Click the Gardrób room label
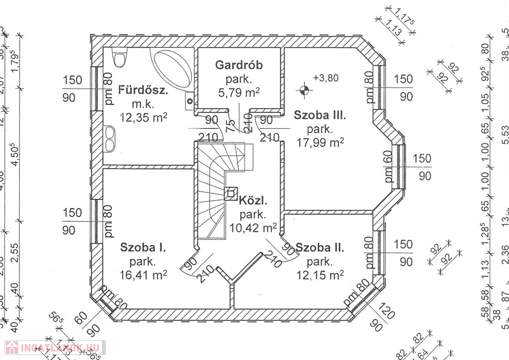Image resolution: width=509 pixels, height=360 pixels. (239, 65)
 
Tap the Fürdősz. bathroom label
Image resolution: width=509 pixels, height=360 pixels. (143, 90)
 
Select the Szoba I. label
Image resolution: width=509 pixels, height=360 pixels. (143, 247)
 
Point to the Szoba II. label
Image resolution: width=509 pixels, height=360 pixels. (320, 247)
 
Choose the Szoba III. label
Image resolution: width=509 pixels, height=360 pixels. (319, 115)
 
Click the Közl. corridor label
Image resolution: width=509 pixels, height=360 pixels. (253, 201)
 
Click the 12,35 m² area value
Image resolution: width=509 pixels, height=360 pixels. (144, 117)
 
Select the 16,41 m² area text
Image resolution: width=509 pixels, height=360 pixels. (144, 274)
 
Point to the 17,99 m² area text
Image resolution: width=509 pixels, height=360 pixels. (320, 143)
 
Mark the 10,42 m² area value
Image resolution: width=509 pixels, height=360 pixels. (253, 228)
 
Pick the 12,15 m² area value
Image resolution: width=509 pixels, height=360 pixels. (320, 274)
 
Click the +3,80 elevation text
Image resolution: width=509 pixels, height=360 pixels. (326, 78)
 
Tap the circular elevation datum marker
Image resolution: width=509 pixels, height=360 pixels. (304, 90)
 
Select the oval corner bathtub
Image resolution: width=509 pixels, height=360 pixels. (171, 70)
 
